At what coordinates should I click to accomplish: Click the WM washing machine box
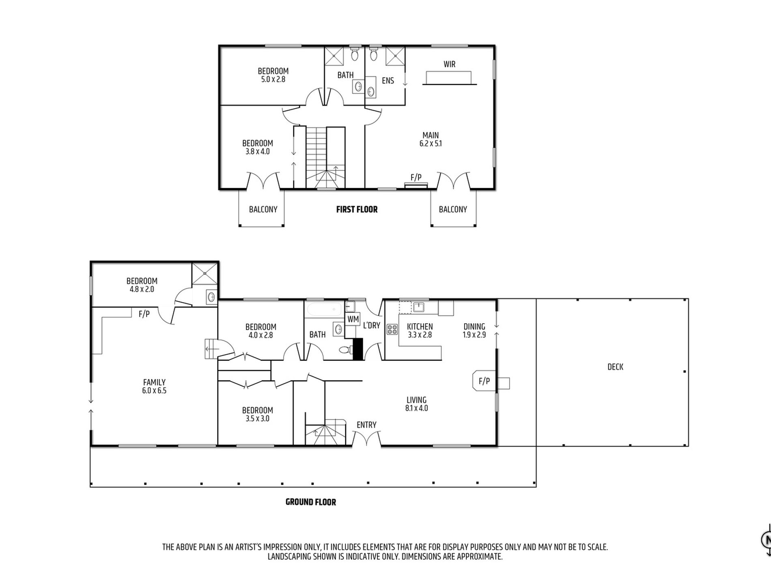353,319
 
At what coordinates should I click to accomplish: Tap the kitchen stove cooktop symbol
392,329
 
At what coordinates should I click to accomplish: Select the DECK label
615,367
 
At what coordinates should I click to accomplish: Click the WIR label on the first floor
449,64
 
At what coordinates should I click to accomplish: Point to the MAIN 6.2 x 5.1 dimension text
431,144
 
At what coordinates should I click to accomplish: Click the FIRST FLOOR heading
357,210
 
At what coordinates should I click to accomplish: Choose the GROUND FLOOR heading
311,502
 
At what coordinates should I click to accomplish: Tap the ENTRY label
366,425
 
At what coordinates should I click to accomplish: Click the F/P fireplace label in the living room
484,381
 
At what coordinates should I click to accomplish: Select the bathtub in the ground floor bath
325,310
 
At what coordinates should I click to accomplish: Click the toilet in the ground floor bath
345,350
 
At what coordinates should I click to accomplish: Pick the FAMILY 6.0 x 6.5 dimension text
154,391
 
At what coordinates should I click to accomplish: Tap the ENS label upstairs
388,81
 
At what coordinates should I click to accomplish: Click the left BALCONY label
263,210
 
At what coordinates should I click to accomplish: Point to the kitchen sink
418,307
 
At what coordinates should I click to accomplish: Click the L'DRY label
372,325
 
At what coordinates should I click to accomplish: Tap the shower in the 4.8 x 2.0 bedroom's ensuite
205,274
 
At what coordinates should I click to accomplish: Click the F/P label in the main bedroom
416,177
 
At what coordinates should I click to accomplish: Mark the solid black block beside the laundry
358,349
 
